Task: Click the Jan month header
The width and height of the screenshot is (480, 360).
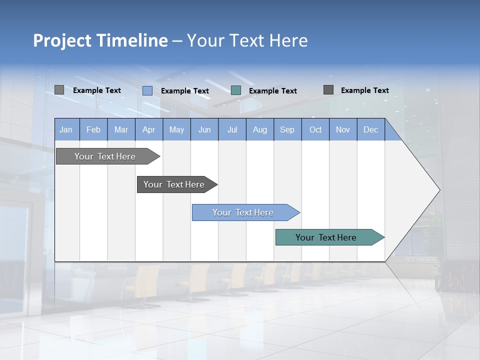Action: [x=66, y=129]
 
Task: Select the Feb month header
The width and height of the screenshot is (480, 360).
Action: [x=93, y=129]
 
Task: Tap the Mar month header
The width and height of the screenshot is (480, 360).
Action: [x=121, y=129]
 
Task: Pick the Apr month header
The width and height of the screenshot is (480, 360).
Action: [x=149, y=129]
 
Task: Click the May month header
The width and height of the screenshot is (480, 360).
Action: [x=176, y=129]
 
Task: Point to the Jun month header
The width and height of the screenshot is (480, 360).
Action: [x=204, y=129]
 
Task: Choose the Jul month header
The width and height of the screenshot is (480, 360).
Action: [x=232, y=129]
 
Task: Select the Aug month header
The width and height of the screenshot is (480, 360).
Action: [x=260, y=129]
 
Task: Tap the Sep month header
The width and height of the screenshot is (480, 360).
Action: [x=287, y=129]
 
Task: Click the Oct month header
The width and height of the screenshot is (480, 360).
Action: [x=315, y=129]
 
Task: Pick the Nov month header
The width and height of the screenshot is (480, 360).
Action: [x=343, y=129]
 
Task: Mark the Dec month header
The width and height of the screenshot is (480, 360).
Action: [x=371, y=129]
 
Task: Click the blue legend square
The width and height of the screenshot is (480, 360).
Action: [x=147, y=90]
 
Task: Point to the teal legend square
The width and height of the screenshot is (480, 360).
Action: [x=236, y=90]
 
